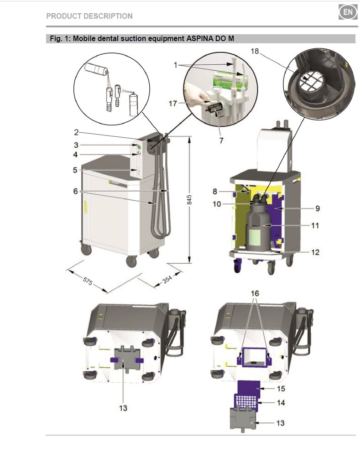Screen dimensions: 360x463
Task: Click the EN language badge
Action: (348, 12)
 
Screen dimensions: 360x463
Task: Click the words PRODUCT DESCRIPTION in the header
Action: (89, 16)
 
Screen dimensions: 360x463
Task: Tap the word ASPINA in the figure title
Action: (200, 39)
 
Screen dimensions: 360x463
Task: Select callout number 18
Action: (255, 52)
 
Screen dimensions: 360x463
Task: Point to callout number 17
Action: (173, 104)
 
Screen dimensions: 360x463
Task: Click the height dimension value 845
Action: (190, 200)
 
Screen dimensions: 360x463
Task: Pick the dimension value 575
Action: (88, 281)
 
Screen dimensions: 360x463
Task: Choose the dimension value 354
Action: (167, 279)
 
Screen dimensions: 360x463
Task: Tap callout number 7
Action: (221, 140)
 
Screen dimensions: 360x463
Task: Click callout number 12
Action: (315, 252)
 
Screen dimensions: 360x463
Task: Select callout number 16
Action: (255, 293)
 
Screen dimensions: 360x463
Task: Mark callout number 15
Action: (281, 389)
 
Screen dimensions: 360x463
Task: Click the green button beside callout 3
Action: (138, 146)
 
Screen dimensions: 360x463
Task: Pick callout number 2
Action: (76, 133)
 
